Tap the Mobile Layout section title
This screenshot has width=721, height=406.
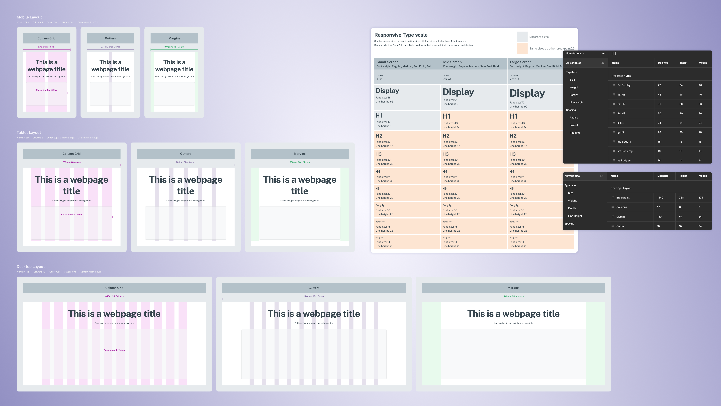click(x=29, y=17)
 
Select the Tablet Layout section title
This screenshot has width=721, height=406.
click(x=29, y=133)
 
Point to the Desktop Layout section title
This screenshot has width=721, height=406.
click(x=31, y=266)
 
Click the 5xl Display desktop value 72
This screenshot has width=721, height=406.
click(x=659, y=85)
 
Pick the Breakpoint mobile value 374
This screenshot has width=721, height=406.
click(x=701, y=197)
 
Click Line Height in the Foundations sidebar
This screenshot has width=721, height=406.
click(x=576, y=103)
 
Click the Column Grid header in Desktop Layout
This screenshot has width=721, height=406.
click(x=114, y=288)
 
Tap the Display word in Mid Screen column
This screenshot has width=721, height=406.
click(x=458, y=92)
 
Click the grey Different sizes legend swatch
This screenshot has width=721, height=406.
click(x=522, y=37)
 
